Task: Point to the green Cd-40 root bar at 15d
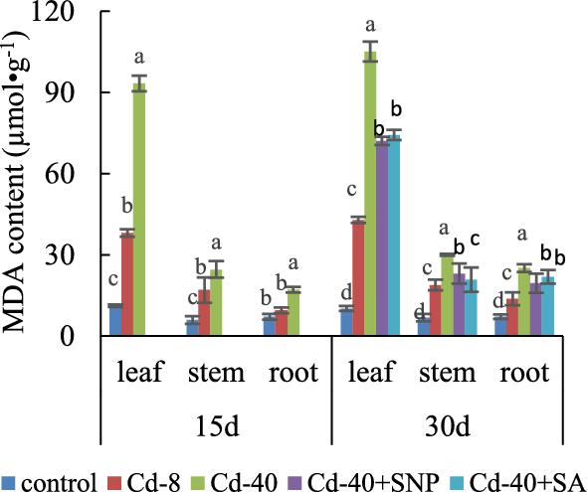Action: click(x=293, y=313)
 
